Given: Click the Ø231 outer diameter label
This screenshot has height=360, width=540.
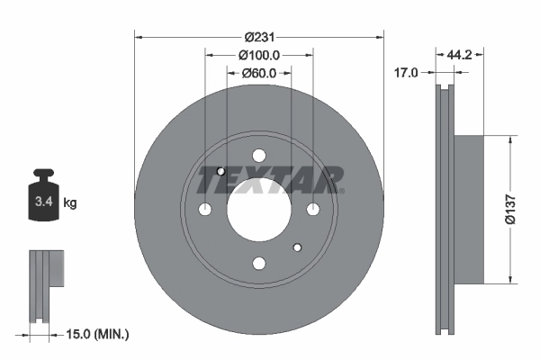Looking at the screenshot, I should (259, 37).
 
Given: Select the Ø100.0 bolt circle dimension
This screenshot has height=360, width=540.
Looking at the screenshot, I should (259, 55).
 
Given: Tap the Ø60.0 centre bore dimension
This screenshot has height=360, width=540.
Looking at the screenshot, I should (259, 73).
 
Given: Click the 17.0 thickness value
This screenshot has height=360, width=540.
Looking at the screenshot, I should (407, 73).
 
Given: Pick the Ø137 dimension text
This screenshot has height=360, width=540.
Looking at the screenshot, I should (508, 208).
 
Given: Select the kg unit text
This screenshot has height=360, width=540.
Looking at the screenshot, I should (70, 203).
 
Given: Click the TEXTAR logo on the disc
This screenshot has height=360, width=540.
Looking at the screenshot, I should (270, 180).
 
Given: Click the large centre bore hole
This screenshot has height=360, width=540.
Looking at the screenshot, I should (258, 209).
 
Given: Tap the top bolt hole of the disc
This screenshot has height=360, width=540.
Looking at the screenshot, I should (258, 155).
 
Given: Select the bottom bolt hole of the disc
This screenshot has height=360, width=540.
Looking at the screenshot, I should (258, 263).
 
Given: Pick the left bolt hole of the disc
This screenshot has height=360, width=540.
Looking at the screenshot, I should (204, 209).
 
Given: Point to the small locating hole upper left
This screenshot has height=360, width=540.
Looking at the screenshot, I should (220, 171).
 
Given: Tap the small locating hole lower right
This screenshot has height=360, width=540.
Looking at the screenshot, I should (297, 247).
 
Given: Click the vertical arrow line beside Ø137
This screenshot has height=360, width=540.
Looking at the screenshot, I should (514, 208).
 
